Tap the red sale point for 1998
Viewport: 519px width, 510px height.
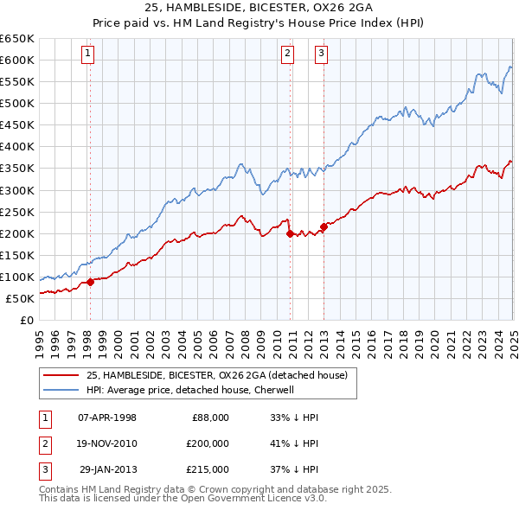(x=90, y=282)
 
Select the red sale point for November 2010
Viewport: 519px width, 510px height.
(x=290, y=233)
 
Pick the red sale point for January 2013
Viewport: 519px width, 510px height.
(x=324, y=226)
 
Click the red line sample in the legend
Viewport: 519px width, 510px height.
(x=61, y=375)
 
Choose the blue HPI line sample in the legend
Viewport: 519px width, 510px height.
(x=61, y=390)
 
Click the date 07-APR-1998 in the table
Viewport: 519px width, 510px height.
(x=107, y=418)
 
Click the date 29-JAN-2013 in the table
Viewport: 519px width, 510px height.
(x=107, y=469)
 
